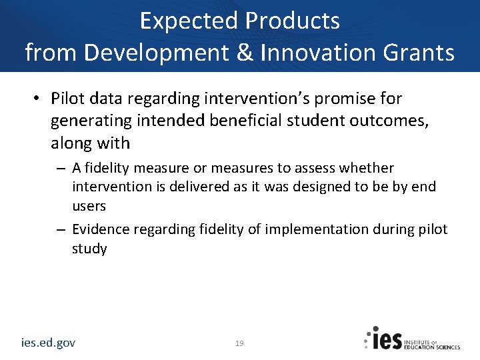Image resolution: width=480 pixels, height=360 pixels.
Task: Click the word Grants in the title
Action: (421, 51)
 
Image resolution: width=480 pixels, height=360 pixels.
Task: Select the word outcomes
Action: (377, 121)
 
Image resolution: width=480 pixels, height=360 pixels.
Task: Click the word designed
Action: (319, 187)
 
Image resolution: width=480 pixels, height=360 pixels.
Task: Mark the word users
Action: (89, 206)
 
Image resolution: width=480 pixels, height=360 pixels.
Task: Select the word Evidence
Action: (101, 229)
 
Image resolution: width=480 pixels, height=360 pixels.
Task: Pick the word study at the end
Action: (89, 249)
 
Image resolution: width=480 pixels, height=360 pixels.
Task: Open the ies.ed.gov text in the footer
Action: (48, 343)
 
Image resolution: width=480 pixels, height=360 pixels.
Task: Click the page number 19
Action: (239, 343)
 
